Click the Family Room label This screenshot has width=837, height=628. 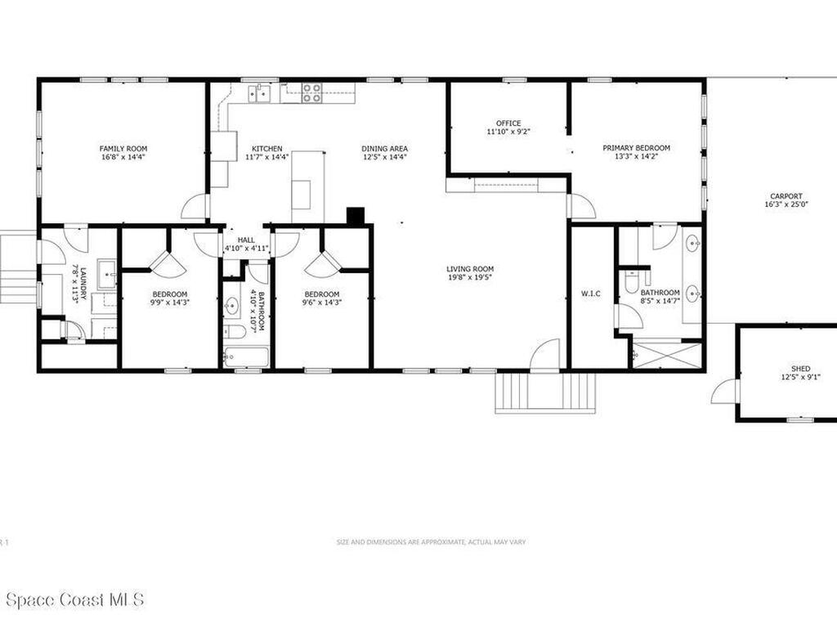[x=123, y=148]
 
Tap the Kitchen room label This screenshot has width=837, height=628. [x=266, y=148]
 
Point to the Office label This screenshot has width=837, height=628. [x=508, y=123]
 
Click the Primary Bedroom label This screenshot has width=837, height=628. [x=636, y=148]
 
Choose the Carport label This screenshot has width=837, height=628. [x=786, y=196]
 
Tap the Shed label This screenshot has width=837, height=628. [x=800, y=369]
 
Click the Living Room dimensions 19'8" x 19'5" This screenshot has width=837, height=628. [x=470, y=277]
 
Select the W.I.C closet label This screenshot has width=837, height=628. [x=591, y=294]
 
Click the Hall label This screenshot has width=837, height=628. [x=246, y=240]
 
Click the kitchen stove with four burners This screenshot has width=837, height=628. [x=311, y=92]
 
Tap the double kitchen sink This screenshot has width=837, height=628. [x=261, y=93]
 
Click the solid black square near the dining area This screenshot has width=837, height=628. [x=356, y=216]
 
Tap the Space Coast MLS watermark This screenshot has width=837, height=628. [x=74, y=599]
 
